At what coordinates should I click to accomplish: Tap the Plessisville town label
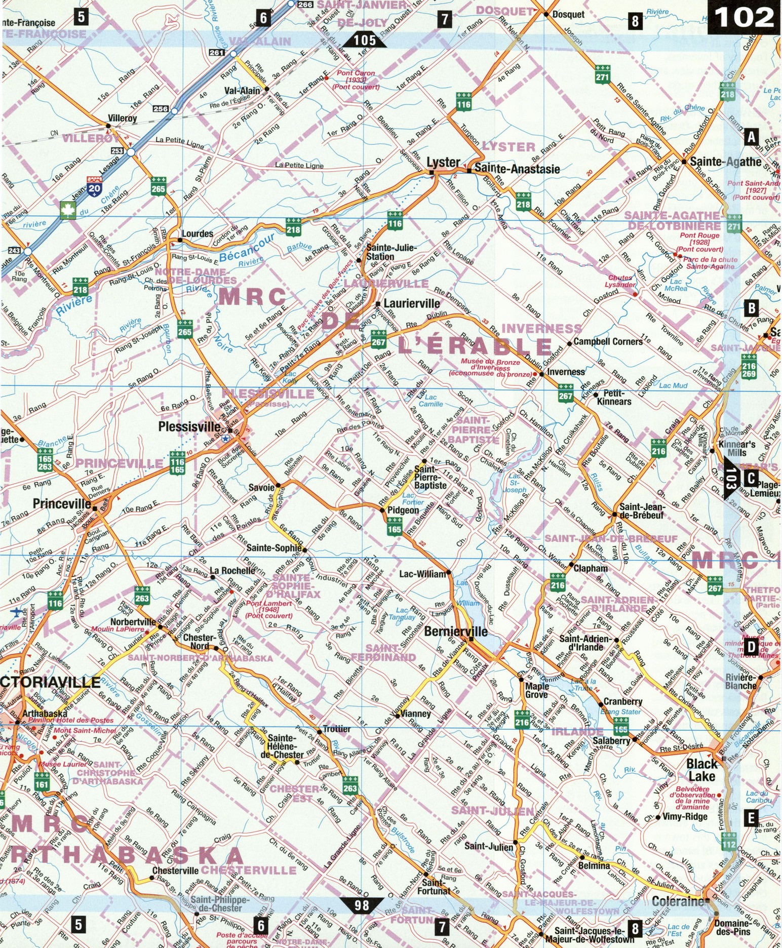(190, 426)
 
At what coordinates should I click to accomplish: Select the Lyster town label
(443, 163)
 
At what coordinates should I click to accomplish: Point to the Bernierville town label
(456, 631)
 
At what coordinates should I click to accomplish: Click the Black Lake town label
(701, 770)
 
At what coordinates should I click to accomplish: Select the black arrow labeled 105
(365, 40)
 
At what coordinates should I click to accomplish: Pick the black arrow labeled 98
(362, 904)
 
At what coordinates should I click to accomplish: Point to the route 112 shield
(729, 841)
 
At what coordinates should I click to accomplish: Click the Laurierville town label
(412, 304)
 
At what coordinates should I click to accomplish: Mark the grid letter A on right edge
(752, 136)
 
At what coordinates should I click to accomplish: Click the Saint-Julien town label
(489, 846)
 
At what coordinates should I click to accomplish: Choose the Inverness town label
(566, 372)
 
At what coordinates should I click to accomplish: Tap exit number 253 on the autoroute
(118, 151)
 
